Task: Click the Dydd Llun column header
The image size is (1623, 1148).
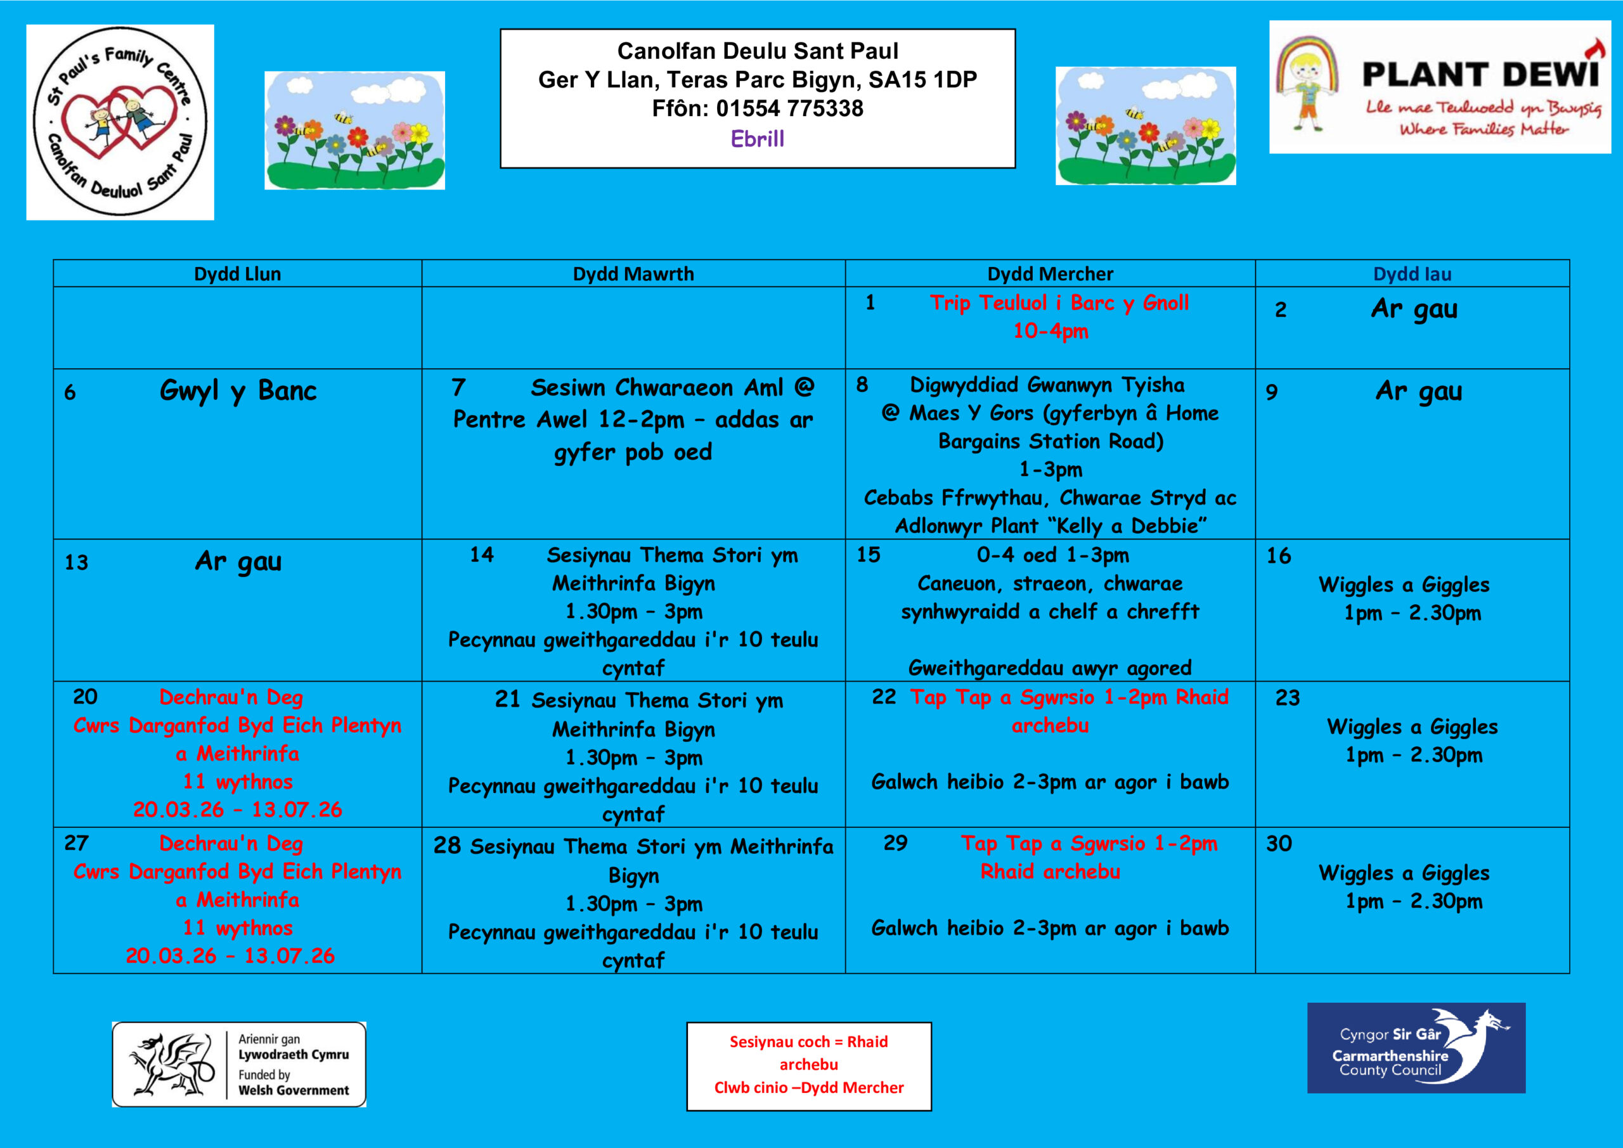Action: [x=238, y=274]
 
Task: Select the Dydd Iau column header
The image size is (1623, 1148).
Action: [x=1412, y=274]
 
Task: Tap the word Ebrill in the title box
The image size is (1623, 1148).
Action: [x=757, y=139]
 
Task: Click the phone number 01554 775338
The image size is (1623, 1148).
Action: [x=789, y=109]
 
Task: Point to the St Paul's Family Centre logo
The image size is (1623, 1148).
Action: [x=120, y=122]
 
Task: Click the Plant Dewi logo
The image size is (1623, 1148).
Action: [x=1439, y=87]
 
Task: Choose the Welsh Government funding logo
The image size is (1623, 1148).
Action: [x=239, y=1064]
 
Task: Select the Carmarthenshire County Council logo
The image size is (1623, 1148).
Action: [x=1415, y=1048]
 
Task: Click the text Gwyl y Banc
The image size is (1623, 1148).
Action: [x=238, y=391]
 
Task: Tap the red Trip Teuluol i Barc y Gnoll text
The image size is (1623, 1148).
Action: [x=1059, y=303]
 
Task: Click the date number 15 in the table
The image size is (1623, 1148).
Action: [x=868, y=555]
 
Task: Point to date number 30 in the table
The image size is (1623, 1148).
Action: [x=1279, y=843]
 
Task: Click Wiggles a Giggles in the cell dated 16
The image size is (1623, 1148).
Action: [x=1404, y=584]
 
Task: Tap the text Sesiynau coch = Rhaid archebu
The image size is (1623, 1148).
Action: [x=809, y=1052]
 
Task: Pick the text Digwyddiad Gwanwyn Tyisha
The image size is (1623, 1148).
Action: [x=1047, y=385]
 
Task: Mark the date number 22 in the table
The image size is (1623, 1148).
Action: [x=884, y=697]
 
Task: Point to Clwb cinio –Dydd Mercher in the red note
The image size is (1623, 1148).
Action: [x=809, y=1087]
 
